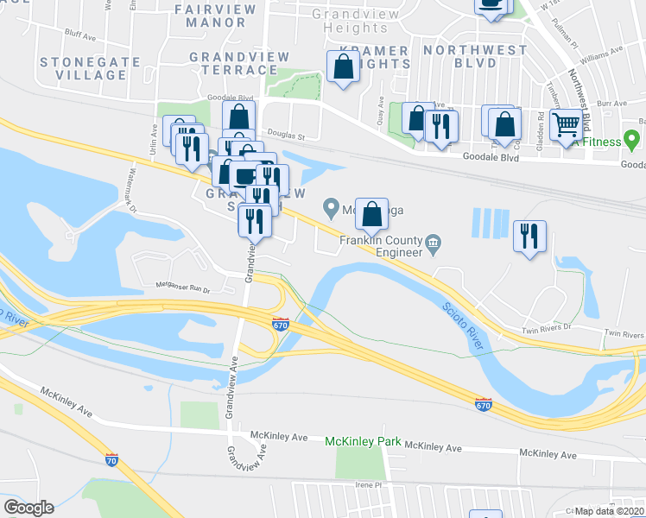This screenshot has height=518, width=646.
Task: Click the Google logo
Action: [28, 508]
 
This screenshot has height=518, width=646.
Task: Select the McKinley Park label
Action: [363, 441]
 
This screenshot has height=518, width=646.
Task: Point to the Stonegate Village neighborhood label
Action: [83, 68]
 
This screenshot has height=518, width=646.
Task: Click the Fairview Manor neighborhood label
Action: [216, 16]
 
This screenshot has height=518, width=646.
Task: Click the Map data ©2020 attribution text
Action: [609, 511]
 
